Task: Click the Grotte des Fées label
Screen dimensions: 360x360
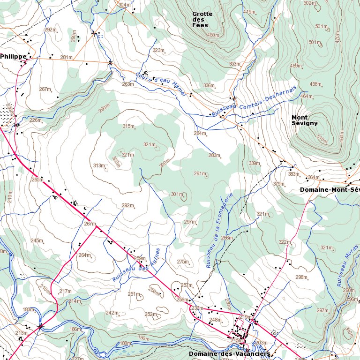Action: (202, 19)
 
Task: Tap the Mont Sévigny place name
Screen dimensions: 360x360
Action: (304, 120)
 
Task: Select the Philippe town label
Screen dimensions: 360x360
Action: (13, 56)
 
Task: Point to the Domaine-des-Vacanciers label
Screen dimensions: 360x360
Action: (230, 353)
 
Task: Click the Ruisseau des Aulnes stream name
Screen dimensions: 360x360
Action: (136, 265)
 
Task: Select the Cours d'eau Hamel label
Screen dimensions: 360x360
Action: (161, 84)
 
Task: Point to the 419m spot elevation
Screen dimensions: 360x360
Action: (249, 12)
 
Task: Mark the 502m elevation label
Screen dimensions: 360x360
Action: (309, 3)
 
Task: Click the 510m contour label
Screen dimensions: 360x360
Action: (322, 139)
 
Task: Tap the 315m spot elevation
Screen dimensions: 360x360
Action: (128, 127)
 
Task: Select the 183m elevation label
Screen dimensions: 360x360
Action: (29, 309)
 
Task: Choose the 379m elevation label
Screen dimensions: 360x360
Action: (279, 184)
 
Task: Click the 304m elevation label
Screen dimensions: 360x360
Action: (124, 5)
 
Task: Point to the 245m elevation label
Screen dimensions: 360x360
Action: (37, 240)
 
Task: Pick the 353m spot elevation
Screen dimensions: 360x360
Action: (235, 64)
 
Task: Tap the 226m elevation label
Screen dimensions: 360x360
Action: (35, 120)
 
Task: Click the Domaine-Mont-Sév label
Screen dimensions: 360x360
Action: (330, 190)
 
